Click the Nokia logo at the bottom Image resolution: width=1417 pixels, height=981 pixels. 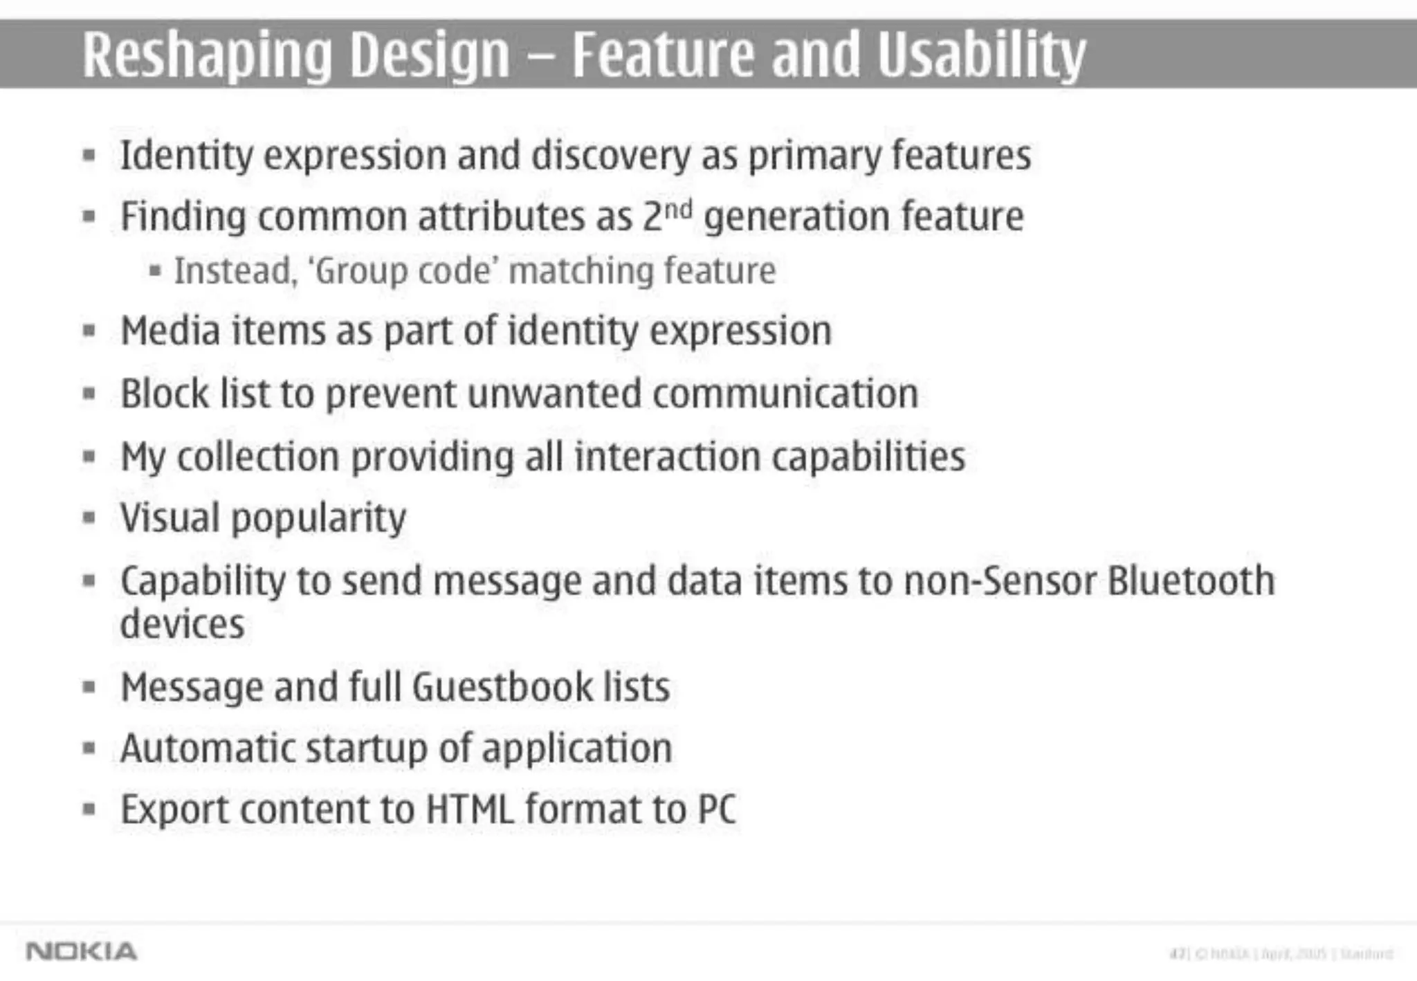pos(81,951)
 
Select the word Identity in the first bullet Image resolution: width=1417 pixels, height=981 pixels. pos(187,156)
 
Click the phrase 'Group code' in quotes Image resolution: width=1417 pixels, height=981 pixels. pos(407,271)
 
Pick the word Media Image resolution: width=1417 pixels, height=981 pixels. pos(170,331)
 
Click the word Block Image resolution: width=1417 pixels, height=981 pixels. pos(165,393)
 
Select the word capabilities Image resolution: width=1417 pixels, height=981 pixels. pos(868,457)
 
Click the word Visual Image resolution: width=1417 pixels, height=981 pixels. pos(170,517)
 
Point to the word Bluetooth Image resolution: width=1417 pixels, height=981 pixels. pos(1191,580)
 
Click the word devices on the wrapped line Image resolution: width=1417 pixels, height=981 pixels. pos(182,624)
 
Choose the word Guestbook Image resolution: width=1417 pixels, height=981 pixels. pos(502,686)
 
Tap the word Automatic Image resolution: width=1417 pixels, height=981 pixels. pos(207,748)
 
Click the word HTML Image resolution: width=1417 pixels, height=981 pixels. pos(470,809)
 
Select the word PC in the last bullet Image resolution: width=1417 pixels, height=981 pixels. pos(717,809)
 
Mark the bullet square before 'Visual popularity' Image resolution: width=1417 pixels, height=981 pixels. pos(88,517)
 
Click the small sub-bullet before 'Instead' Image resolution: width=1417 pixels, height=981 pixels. pos(155,271)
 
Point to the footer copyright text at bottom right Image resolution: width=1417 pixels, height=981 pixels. pos(1280,954)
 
